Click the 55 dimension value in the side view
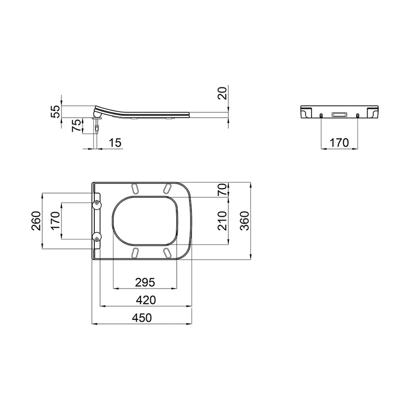[55, 111]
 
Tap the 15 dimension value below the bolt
[116, 143]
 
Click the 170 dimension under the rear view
[339, 143]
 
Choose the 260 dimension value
[36, 221]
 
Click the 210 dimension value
[222, 221]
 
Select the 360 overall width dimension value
[245, 221]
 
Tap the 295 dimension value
[145, 282]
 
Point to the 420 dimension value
[145, 300]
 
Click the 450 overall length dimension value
[141, 318]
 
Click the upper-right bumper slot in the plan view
[167, 188]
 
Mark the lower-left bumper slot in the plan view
[135, 252]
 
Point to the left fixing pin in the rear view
[322, 115]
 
